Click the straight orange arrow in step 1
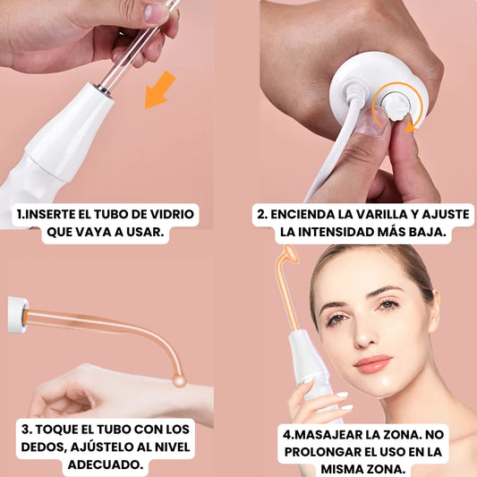[159, 90]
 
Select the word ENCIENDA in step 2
[303, 214]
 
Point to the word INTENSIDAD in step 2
[336, 232]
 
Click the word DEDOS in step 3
[43, 447]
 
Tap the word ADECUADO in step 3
[106, 464]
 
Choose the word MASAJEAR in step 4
[328, 434]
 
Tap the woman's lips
[373, 363]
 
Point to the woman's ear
[434, 311]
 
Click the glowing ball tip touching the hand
[179, 380]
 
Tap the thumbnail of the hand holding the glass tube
[156, 13]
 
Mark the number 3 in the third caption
[26, 430]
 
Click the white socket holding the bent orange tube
[18, 314]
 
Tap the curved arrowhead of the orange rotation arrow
[410, 127]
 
